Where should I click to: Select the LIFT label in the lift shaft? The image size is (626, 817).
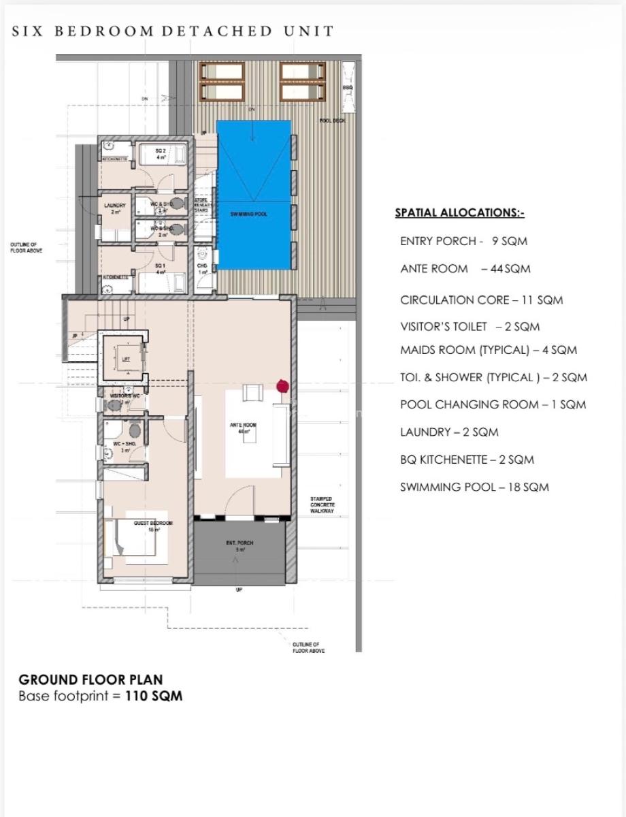tap(125, 359)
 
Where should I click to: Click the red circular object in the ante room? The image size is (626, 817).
tap(282, 387)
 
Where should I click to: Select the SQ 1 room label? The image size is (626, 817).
tap(161, 269)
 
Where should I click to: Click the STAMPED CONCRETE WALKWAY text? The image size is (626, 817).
tap(322, 505)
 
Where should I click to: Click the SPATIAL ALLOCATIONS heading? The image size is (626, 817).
tap(459, 213)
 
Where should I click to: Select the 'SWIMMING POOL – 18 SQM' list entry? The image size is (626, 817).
tap(474, 487)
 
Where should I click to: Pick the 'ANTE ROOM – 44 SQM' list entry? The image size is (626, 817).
tap(465, 269)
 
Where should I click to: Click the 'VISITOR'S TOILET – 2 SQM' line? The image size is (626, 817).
tap(469, 327)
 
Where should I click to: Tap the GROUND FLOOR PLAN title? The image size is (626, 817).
tap(90, 679)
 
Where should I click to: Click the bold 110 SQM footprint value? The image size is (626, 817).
tap(154, 696)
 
